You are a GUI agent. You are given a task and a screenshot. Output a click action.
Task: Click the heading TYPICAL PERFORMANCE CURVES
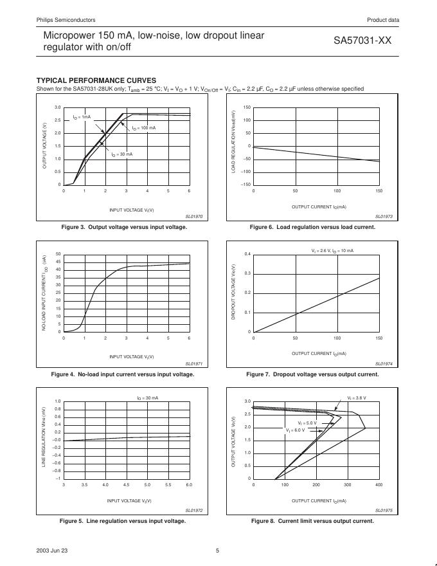tap(96, 80)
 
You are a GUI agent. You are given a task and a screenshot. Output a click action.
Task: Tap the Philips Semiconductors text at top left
tap(67, 20)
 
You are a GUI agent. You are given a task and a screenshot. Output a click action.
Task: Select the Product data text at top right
tap(383, 20)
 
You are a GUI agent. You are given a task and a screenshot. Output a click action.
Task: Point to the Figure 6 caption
tap(312, 227)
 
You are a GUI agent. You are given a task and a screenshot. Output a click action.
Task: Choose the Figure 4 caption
tap(122, 374)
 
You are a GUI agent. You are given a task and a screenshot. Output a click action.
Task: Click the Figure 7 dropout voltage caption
tap(312, 374)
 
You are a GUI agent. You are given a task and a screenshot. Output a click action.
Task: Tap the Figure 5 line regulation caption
tap(122, 521)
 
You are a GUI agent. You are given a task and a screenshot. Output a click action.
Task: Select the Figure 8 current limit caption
tap(312, 521)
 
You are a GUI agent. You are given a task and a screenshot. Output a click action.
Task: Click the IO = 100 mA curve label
tap(145, 129)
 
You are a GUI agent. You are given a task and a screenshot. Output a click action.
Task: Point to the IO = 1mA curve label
tap(82, 117)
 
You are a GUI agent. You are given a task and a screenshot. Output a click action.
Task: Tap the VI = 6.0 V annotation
tap(296, 430)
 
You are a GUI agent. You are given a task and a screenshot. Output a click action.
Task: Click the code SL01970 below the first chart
tap(193, 217)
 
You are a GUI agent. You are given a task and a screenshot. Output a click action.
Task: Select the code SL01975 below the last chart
tap(384, 511)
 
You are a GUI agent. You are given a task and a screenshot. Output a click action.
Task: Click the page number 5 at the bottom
tap(217, 550)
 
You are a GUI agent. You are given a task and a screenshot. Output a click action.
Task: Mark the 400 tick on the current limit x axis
tap(379, 485)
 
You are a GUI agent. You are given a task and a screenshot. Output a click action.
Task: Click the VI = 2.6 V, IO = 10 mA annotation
tap(328, 250)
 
